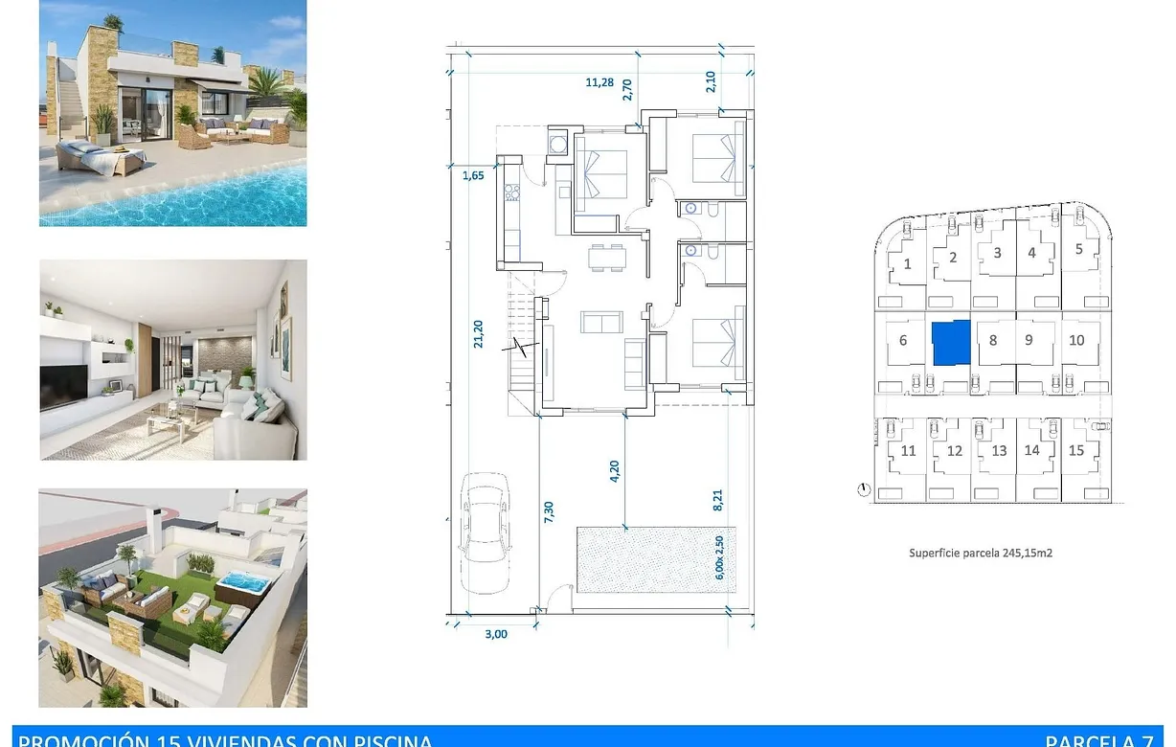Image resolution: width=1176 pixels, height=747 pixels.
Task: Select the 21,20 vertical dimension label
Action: (x=479, y=334)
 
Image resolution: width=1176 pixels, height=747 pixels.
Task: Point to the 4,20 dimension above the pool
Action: (x=616, y=473)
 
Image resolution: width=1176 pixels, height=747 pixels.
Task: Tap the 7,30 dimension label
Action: (x=549, y=513)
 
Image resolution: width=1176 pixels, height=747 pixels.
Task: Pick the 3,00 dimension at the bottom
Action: (x=495, y=633)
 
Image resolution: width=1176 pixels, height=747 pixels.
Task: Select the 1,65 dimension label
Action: (x=473, y=175)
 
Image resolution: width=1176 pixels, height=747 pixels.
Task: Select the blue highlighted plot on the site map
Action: (x=951, y=343)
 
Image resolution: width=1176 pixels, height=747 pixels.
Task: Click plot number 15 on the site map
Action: (x=1076, y=450)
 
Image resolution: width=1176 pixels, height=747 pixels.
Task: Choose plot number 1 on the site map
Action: (x=908, y=263)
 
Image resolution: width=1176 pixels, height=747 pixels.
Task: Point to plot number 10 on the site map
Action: (x=1076, y=340)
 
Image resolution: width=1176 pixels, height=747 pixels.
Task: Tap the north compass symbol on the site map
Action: (x=865, y=490)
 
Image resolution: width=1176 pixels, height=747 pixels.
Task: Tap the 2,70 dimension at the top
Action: (x=628, y=90)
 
